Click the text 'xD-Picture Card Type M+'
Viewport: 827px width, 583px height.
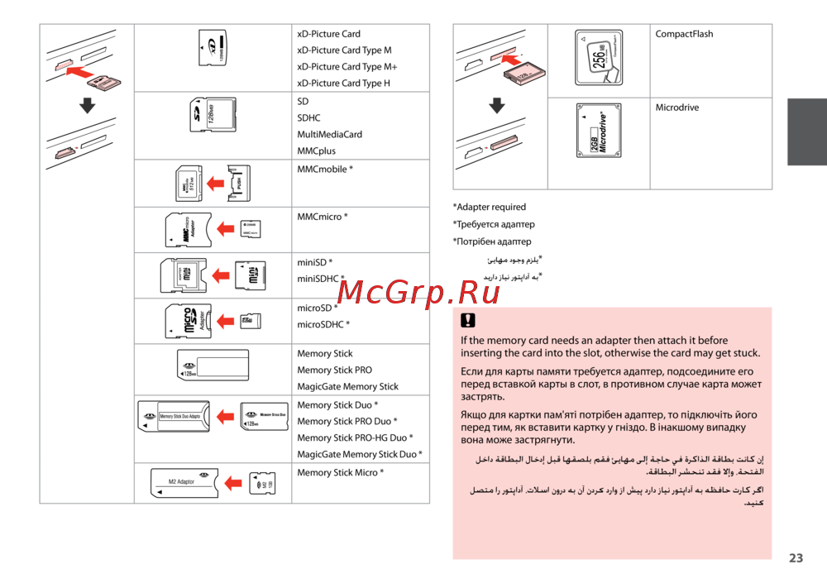(x=347, y=67)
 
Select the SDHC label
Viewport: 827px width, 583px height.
(x=308, y=118)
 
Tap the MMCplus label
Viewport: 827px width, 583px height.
(x=317, y=151)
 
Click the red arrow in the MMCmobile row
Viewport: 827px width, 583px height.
(x=216, y=183)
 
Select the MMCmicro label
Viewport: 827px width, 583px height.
(x=322, y=217)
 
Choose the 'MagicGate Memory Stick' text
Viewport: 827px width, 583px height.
(x=347, y=387)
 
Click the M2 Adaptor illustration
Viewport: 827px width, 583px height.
(x=182, y=483)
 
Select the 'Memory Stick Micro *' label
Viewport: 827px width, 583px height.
(x=340, y=473)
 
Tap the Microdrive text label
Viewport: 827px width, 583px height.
(x=677, y=108)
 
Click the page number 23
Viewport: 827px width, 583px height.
(x=796, y=558)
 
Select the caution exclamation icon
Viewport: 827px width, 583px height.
(x=468, y=322)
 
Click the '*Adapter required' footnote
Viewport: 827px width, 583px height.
(x=490, y=208)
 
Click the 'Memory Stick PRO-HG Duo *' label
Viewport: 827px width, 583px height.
(x=356, y=438)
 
